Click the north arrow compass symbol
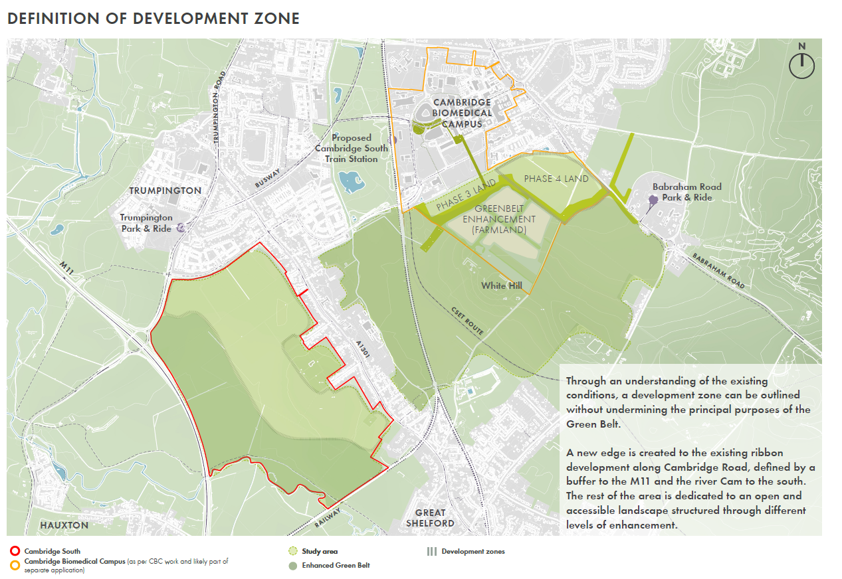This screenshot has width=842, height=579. [x=801, y=62]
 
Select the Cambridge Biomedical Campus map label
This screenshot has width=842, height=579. [x=462, y=113]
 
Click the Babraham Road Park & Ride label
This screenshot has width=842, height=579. [x=686, y=192]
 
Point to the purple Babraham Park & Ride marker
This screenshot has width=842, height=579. [x=653, y=199]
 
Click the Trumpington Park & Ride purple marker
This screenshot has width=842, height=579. [x=180, y=228]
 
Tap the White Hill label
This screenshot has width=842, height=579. [x=502, y=285]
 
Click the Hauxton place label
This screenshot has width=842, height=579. [x=64, y=525]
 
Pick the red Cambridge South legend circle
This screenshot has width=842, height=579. [x=15, y=551]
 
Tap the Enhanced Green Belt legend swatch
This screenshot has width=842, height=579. [x=292, y=566]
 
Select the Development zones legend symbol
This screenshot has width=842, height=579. [x=431, y=551]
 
